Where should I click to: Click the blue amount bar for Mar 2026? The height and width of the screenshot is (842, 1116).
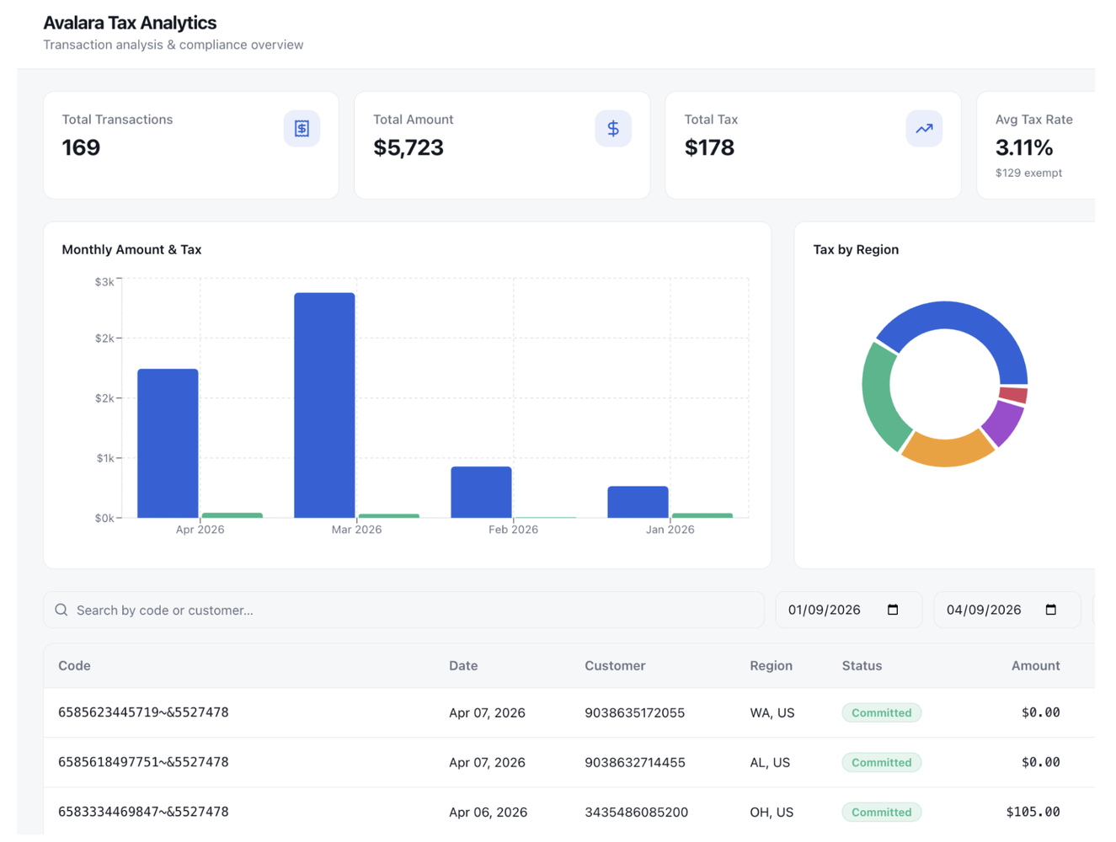(x=324, y=405)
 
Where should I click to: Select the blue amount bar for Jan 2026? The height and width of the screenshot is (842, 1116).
(x=638, y=502)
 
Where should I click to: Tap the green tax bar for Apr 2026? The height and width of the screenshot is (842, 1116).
(x=232, y=514)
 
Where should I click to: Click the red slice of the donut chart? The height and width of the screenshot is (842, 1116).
(x=1013, y=395)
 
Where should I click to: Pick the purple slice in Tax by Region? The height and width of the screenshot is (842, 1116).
(x=1003, y=423)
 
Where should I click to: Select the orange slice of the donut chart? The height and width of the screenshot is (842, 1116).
(x=948, y=449)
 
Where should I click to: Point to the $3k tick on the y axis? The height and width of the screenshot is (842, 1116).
(x=104, y=282)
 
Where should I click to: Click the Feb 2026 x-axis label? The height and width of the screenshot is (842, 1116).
(x=513, y=530)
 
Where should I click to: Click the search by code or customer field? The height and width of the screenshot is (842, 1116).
(x=404, y=610)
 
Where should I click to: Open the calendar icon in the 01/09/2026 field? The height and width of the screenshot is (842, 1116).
(x=893, y=610)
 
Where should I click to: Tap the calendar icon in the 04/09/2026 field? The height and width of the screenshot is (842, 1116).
(x=1050, y=610)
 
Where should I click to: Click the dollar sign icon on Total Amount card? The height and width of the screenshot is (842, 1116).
(x=613, y=129)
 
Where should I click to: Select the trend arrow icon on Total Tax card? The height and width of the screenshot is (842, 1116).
(x=924, y=129)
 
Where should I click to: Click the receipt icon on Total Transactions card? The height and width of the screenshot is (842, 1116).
(x=302, y=129)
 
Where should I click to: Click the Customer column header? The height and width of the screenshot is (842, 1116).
(x=615, y=665)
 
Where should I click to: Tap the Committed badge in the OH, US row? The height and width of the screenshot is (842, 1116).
(x=881, y=812)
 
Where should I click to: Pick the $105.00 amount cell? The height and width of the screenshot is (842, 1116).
(x=1033, y=812)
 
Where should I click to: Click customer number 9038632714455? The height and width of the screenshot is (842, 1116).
(x=634, y=762)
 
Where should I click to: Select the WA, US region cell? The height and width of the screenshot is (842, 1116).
(x=772, y=712)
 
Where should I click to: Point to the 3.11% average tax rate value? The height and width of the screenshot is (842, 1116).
(x=1023, y=148)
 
